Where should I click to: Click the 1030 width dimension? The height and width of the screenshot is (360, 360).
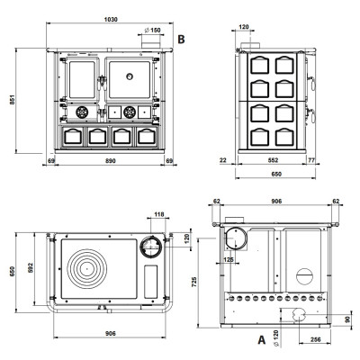111,20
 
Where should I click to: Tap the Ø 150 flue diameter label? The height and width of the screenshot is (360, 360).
152,30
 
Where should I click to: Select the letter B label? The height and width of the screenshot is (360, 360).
181,40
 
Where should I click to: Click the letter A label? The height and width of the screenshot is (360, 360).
262,340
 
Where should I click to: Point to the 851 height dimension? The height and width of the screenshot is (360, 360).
13,100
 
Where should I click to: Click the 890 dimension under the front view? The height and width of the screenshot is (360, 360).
111,161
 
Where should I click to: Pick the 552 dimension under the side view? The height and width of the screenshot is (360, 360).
273,160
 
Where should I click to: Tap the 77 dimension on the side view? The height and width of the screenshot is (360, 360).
311,160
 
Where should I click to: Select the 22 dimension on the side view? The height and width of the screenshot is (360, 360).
223,160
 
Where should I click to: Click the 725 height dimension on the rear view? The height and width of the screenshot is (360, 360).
194,282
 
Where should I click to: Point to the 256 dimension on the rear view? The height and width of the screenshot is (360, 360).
316,339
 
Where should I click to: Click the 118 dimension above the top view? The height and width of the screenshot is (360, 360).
159,214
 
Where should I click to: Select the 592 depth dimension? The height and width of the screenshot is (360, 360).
31,267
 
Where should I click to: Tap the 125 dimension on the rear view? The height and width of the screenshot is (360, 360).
229,259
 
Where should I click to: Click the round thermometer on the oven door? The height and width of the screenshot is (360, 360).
130,76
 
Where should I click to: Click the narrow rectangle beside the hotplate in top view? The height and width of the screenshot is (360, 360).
150,282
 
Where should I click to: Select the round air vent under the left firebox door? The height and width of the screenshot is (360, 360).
82,112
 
